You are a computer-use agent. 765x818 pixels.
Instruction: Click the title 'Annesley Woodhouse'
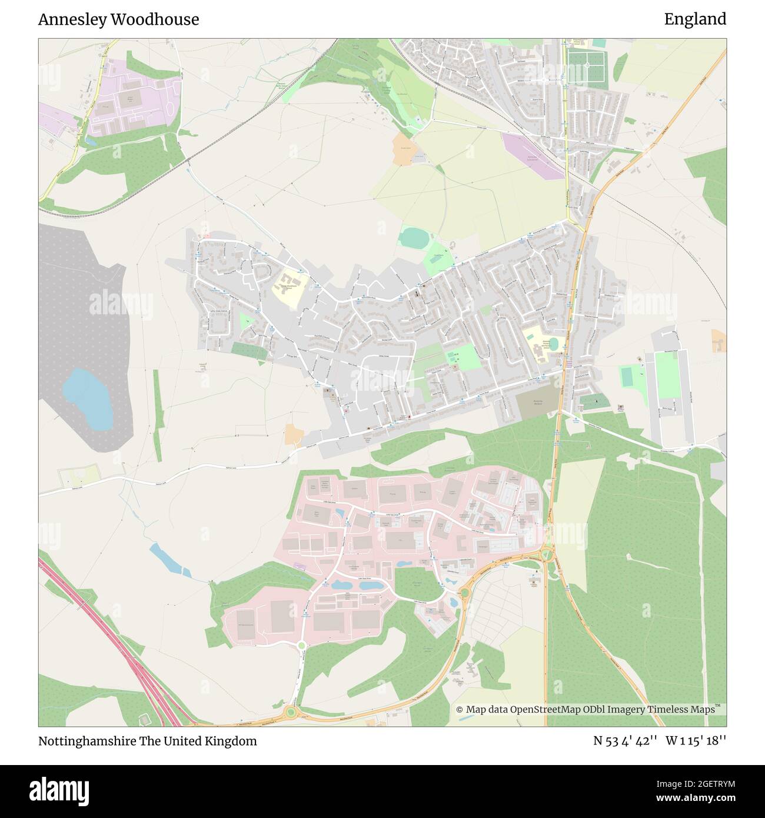[x=118, y=19]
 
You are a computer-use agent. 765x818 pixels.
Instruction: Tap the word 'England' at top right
[x=695, y=19]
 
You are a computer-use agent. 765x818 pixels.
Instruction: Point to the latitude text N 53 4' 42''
[x=625, y=741]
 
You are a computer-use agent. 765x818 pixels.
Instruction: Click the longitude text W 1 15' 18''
[x=696, y=741]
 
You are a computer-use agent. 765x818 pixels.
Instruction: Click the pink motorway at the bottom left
[x=118, y=647]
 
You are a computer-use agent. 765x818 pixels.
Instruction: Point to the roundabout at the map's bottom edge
[x=290, y=713]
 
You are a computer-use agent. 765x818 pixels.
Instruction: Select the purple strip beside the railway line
[x=533, y=155]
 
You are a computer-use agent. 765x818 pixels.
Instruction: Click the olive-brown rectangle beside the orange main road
[x=537, y=402]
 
